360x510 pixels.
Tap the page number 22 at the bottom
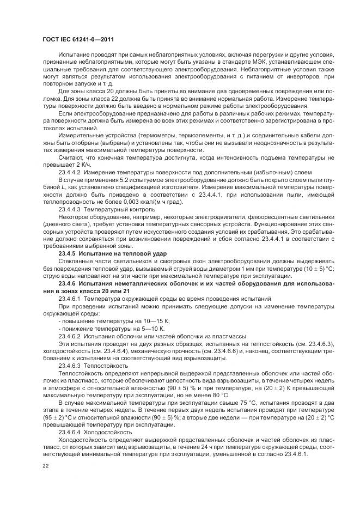pyautogui.click(x=45, y=466)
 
